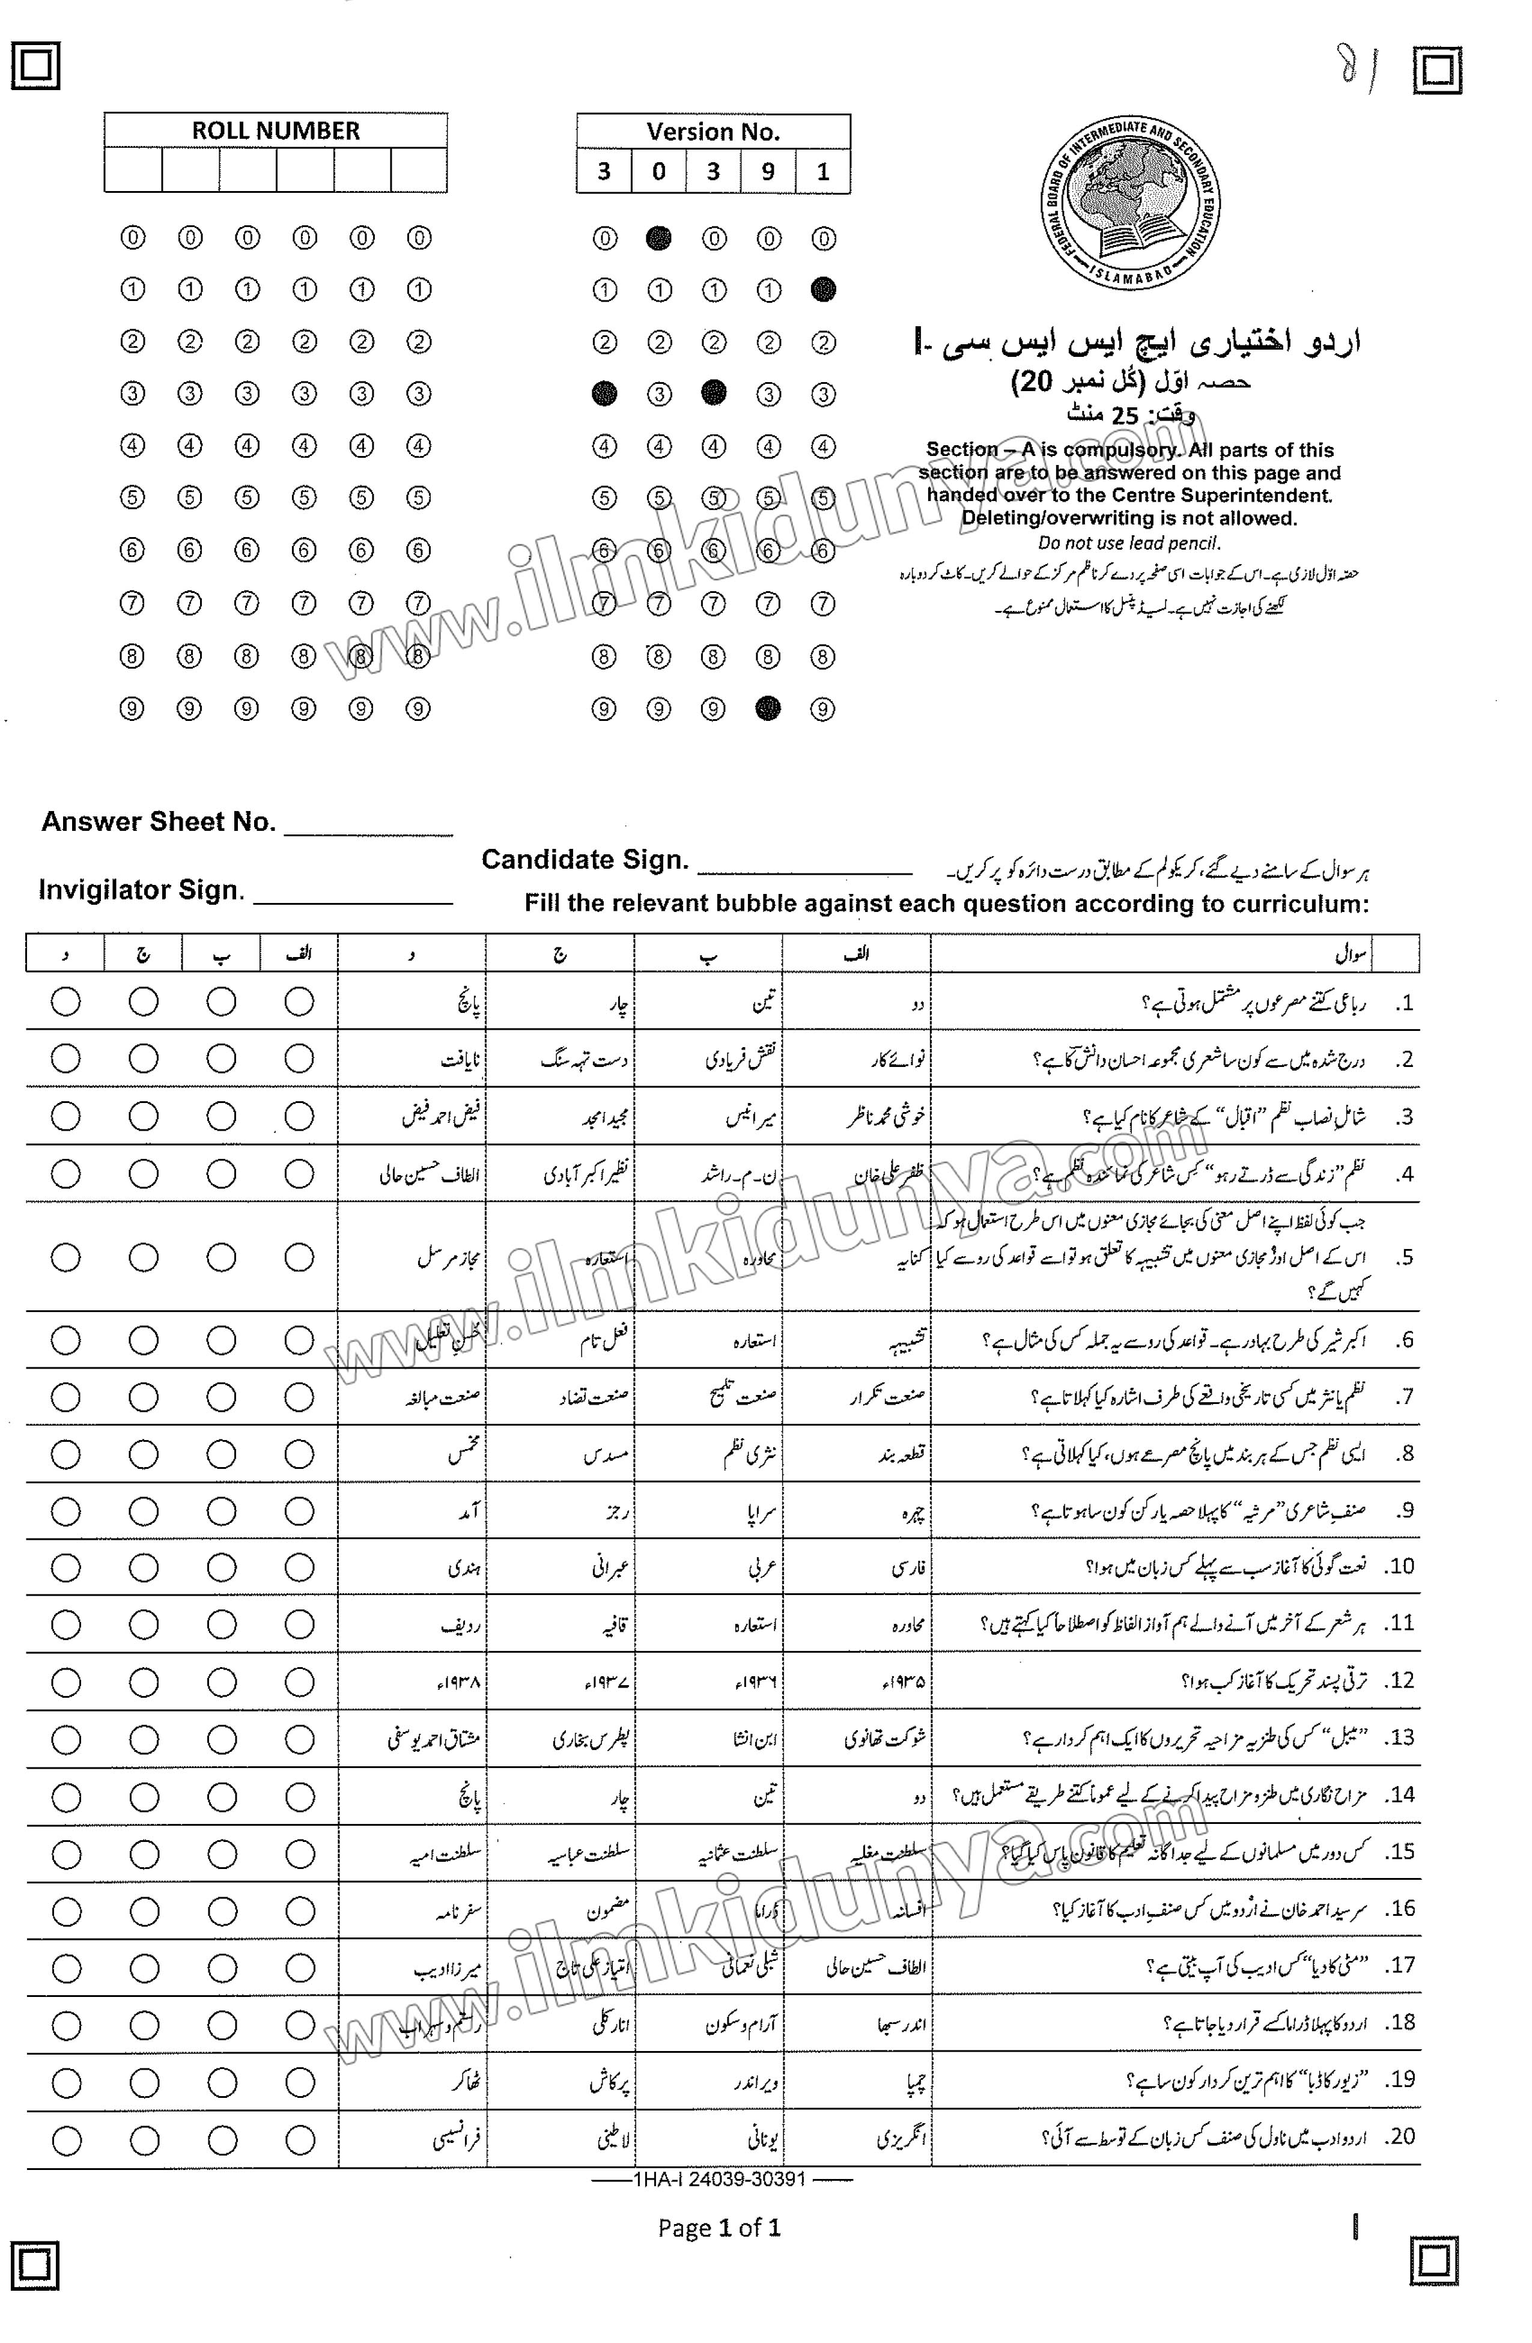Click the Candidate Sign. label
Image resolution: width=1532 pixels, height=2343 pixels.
[x=584, y=860]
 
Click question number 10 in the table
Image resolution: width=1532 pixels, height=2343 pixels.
[x=1399, y=1566]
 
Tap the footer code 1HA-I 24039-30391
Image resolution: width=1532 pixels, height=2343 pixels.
[x=720, y=2180]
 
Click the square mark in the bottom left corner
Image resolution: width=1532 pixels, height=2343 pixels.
[x=34, y=2266]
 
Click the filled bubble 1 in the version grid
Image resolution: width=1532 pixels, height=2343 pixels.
[x=823, y=290]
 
